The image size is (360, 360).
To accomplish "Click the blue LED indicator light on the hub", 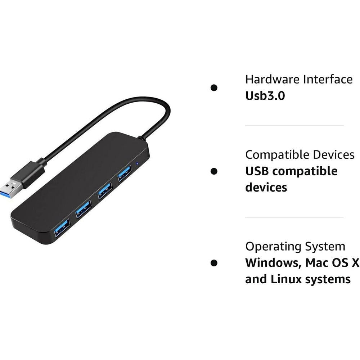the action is pos(137,164).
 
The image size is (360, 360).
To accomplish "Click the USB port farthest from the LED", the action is pos(62,228).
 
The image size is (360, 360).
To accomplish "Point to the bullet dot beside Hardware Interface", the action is pos(214,88).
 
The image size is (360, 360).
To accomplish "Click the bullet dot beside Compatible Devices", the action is pos(214,171).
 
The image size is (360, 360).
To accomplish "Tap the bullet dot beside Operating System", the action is pos(214,263).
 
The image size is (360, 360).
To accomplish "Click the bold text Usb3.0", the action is pos(265,96).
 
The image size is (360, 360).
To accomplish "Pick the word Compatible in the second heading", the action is pos(278,155).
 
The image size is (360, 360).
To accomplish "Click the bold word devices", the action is pos(266,187).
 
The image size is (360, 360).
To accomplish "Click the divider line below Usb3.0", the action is pos(294,126).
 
